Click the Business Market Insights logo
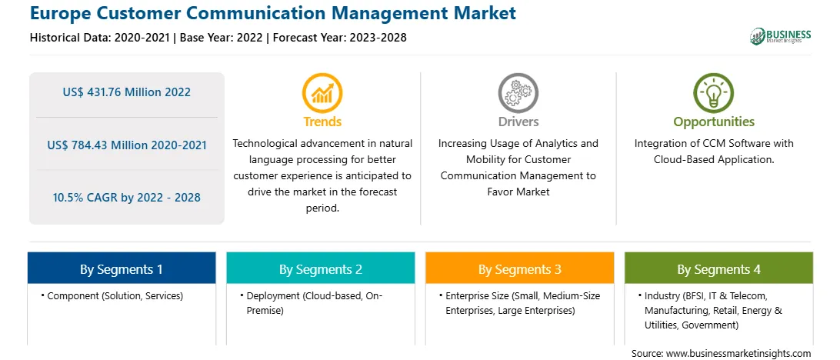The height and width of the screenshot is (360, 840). (x=781, y=36)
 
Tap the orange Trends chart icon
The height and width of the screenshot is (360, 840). (x=322, y=92)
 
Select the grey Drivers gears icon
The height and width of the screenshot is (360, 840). (x=518, y=92)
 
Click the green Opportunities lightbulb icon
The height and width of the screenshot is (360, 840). (x=714, y=92)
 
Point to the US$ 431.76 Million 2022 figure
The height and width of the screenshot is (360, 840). (x=126, y=92)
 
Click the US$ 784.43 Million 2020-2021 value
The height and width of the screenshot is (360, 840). (x=126, y=145)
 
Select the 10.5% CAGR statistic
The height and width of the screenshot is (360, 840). (x=126, y=197)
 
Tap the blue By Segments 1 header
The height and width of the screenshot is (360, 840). (x=122, y=268)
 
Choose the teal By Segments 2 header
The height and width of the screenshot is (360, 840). (x=320, y=268)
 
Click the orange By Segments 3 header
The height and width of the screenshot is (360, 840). (x=520, y=268)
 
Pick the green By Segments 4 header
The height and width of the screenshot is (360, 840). (x=719, y=268)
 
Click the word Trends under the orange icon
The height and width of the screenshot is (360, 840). (x=322, y=122)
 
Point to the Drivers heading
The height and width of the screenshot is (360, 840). (x=518, y=122)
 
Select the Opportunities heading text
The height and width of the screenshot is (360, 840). (x=714, y=122)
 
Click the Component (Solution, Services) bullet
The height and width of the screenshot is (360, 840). (x=112, y=295)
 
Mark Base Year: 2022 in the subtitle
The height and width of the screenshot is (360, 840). (x=222, y=38)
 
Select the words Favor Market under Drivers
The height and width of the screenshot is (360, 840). (x=518, y=192)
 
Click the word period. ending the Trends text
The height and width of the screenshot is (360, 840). (x=322, y=208)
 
